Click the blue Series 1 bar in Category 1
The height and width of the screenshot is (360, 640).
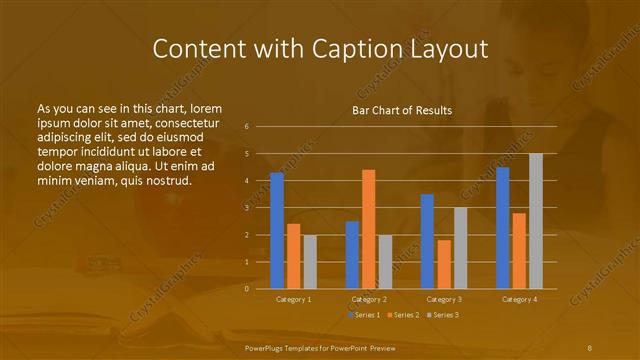pos(277,231)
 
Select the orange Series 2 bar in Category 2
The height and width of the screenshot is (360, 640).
pos(369,229)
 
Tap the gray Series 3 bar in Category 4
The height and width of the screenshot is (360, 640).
pos(536,221)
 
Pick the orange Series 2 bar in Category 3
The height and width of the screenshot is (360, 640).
pos(444,264)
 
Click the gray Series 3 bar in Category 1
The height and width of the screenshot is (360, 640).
pos(310,262)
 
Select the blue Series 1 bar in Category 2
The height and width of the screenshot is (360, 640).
pos(352,255)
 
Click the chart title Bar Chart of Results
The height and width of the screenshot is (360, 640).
pos(402,110)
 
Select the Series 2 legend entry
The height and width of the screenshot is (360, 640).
pos(402,315)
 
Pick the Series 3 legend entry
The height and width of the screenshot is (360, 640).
pos(442,315)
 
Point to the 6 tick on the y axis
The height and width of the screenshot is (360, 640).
pos(260,127)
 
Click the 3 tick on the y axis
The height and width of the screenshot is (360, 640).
pos(260,208)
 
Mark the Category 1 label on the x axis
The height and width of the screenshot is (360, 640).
pos(293,299)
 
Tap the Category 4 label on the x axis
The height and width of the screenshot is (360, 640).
pos(519,299)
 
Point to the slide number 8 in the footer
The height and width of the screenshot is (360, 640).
pos(590,346)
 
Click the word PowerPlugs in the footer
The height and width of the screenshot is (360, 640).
pos(265,346)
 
